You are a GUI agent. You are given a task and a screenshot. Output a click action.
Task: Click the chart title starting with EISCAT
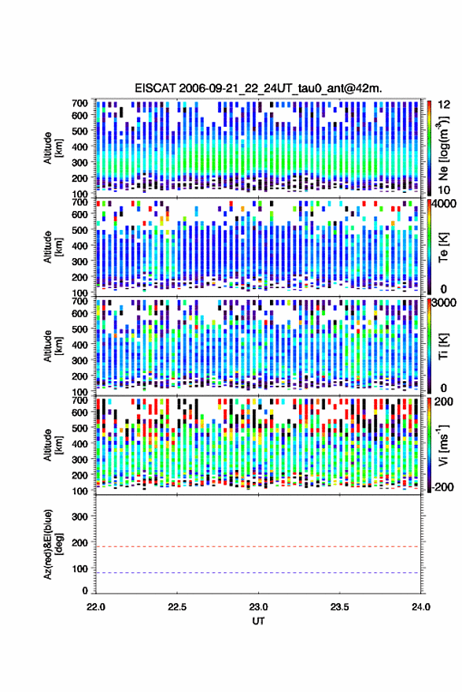(258, 88)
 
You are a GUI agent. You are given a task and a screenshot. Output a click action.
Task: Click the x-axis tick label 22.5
(176, 607)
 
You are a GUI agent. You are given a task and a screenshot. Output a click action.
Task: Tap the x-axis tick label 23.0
(258, 607)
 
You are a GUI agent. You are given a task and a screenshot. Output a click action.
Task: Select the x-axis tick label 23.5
(339, 607)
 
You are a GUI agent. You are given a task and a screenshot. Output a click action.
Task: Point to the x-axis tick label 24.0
(420, 607)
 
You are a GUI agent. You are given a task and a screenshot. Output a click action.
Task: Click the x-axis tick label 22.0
(96, 607)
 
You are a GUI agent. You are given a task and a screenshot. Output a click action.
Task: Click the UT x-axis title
(258, 621)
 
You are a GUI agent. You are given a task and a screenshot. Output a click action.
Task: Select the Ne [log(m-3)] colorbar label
(444, 148)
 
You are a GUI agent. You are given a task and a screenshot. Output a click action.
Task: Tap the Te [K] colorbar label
(444, 247)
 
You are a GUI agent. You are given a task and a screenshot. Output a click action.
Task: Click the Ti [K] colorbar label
(444, 346)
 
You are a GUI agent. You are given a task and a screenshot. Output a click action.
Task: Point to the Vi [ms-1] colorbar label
(444, 445)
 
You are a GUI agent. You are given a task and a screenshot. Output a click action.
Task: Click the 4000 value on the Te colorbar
(445, 205)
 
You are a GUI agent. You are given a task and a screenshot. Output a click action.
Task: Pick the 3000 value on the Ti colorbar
(445, 303)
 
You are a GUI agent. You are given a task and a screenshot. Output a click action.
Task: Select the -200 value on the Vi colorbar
(442, 487)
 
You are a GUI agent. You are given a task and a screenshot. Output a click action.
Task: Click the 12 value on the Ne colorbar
(444, 105)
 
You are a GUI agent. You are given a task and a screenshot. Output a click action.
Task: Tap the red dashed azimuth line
(258, 546)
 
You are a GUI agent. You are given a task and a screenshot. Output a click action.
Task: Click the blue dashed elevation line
(258, 573)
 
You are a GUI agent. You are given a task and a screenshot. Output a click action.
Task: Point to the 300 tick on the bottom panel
(79, 516)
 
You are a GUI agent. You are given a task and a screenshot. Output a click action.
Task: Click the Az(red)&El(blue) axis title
(54, 544)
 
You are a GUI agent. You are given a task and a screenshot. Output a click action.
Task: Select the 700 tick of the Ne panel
(79, 103)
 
